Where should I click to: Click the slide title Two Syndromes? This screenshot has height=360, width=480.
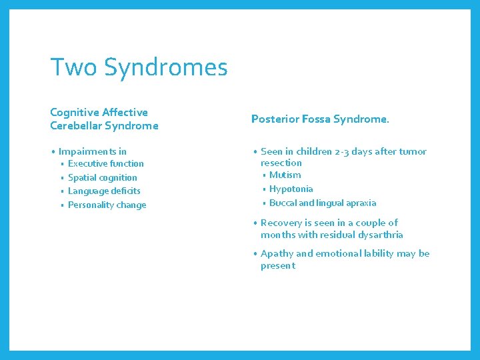[139, 67]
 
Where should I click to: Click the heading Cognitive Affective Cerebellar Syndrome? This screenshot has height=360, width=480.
[104, 119]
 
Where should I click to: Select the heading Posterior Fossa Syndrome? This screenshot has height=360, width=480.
[320, 119]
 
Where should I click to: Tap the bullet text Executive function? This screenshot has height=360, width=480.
[105, 163]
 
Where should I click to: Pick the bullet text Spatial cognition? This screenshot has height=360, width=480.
[102, 177]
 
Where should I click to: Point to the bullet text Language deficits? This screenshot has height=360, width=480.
[104, 191]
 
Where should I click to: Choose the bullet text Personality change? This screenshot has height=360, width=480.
[107, 205]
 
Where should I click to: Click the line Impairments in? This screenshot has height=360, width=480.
[92, 151]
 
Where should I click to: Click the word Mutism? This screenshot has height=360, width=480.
[285, 175]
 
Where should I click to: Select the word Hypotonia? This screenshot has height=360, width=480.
[291, 189]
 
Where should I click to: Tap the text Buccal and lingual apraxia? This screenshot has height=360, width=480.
[322, 203]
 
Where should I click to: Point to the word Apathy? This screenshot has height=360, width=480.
[277, 253]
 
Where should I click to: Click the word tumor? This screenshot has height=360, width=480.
[412, 151]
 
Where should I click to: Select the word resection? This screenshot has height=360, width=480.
[281, 163]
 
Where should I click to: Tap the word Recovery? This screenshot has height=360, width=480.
[281, 223]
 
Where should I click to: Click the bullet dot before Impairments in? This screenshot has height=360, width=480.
[53, 152]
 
